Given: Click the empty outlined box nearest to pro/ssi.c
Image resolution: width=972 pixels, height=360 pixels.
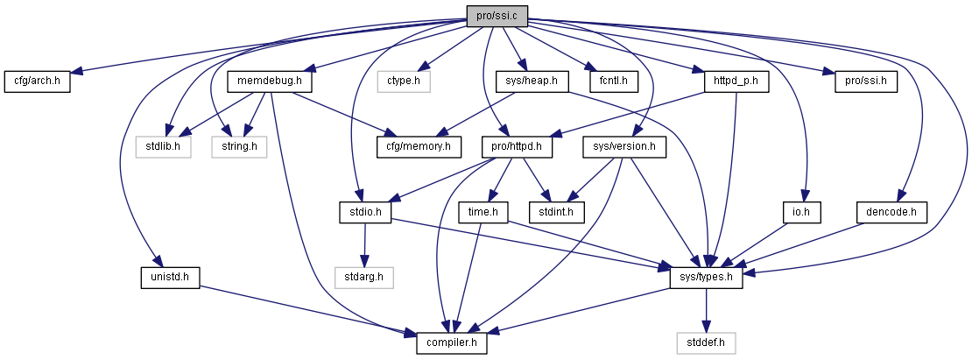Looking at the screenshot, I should (404, 81).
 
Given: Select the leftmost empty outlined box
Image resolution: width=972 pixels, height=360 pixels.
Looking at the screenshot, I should (163, 147).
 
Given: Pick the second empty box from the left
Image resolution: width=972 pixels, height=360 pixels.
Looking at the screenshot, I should (239, 147).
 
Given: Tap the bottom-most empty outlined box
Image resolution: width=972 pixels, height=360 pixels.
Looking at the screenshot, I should (706, 343).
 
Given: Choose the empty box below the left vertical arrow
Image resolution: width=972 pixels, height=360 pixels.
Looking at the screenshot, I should (364, 278).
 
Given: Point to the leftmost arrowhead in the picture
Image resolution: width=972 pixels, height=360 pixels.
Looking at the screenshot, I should (76, 72).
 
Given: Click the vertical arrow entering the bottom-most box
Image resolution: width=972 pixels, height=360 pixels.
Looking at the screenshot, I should (707, 311).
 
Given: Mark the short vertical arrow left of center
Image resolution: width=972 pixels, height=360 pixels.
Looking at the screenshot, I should (364, 244).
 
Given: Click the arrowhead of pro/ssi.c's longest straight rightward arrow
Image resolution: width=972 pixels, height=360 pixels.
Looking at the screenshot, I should (828, 73).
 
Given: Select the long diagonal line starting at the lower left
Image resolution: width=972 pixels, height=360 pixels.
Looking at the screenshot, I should (306, 308).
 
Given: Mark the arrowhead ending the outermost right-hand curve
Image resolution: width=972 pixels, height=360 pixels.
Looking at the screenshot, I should (749, 273).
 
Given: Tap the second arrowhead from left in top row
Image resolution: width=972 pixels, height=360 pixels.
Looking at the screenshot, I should (308, 69).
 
